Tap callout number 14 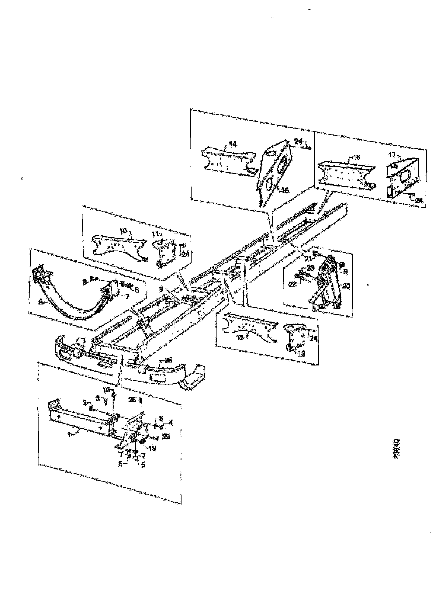[233, 144]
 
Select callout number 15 [285, 191]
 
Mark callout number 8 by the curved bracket [41, 302]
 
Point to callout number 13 [302, 354]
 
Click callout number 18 [152, 448]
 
